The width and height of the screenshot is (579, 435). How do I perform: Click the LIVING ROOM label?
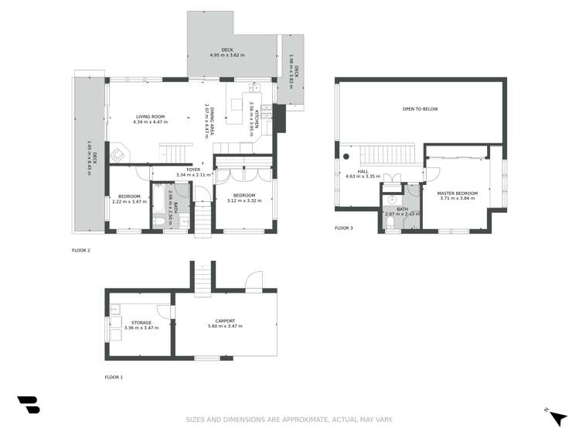150,117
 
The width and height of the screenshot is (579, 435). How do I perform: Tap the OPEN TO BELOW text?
420,109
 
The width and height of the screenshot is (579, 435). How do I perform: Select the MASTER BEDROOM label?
457,193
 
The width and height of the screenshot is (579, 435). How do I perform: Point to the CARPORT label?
225,321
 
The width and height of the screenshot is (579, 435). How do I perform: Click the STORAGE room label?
141,323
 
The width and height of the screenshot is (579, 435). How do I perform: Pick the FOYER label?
193,170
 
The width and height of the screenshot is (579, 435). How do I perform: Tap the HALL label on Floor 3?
363,171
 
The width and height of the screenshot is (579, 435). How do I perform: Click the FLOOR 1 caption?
114,377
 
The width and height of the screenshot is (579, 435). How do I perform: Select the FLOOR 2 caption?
81,251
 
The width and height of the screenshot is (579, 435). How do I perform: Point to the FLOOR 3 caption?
343,228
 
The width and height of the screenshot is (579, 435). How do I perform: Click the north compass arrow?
557,417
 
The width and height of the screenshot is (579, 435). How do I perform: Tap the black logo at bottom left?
28,406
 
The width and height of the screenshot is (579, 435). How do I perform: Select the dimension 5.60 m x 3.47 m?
225,327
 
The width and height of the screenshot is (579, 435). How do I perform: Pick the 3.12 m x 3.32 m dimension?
244,200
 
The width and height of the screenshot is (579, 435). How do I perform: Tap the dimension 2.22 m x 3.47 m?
129,200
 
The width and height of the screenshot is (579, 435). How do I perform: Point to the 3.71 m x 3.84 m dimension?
457,198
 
